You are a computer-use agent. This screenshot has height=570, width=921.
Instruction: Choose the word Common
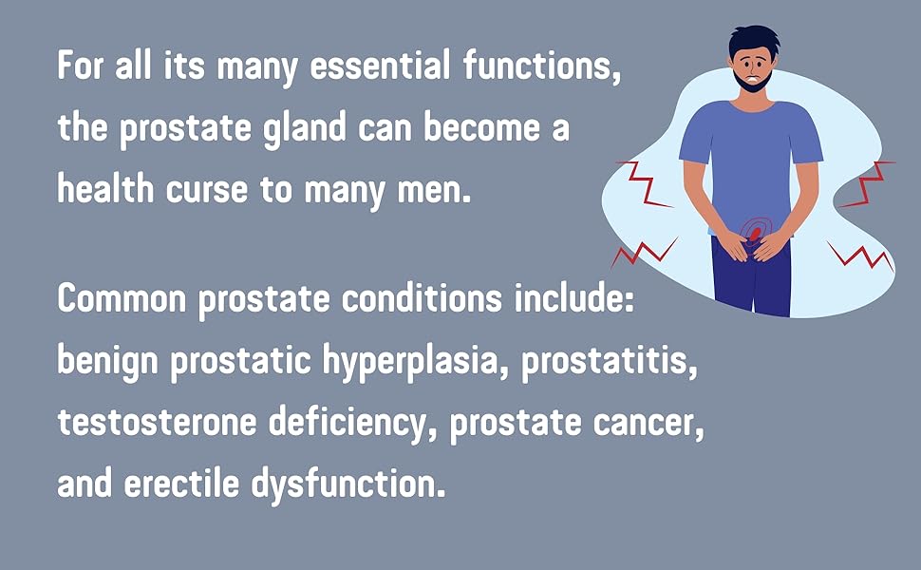(122, 300)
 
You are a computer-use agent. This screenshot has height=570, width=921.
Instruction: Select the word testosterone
(158, 424)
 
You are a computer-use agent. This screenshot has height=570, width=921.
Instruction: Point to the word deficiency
(353, 425)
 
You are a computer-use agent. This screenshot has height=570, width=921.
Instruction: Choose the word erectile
(193, 485)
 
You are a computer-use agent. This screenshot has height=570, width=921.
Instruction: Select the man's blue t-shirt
(750, 152)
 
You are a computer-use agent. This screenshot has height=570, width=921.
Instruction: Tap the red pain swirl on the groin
(751, 231)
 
